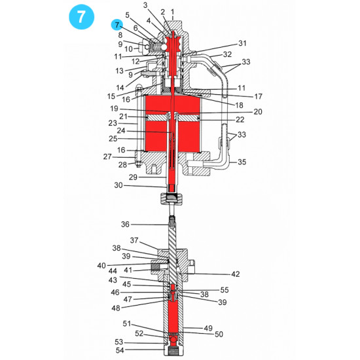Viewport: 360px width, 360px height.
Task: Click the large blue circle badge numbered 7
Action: pyautogui.click(x=80, y=17)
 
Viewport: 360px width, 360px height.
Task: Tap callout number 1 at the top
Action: pyautogui.click(x=172, y=12)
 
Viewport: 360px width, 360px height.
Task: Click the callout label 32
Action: pyautogui.click(x=227, y=54)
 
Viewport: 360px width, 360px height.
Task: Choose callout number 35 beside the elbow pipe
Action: pyautogui.click(x=242, y=161)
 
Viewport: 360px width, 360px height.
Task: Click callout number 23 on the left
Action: pyautogui.click(x=113, y=122)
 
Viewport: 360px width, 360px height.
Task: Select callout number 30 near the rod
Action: pyautogui.click(x=118, y=186)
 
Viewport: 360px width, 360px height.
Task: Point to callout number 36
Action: pyautogui.click(x=125, y=225)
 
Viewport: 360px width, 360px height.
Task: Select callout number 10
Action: pyautogui.click(x=128, y=49)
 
